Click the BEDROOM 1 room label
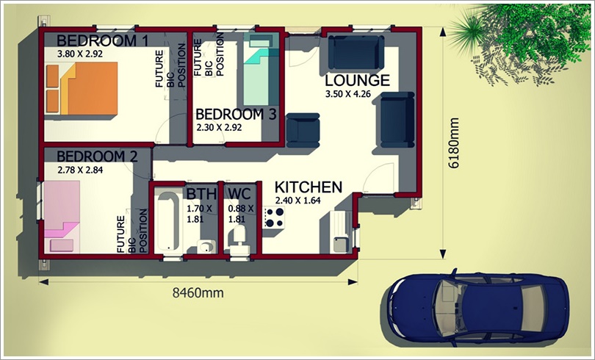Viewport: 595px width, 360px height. (102, 40)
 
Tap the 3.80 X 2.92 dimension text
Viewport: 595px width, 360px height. (79, 54)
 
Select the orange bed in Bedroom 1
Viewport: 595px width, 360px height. (82, 88)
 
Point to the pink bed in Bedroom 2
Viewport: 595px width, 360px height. (62, 217)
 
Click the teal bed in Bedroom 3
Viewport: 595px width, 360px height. (259, 69)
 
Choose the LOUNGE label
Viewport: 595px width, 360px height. (357, 80)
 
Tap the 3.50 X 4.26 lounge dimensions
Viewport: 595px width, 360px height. (347, 94)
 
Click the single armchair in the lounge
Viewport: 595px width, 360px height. (303, 130)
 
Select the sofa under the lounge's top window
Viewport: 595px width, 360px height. (356, 52)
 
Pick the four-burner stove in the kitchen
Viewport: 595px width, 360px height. (273, 217)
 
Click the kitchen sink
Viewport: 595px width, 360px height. (340, 245)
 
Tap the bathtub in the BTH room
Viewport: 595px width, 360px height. (167, 221)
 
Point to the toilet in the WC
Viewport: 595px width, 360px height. (239, 239)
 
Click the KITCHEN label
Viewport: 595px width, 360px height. (308, 187)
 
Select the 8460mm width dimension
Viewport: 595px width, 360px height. (198, 292)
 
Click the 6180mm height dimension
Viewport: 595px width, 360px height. (454, 143)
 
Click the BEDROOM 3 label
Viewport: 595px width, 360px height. (236, 114)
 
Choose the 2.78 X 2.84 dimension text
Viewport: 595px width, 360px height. (80, 170)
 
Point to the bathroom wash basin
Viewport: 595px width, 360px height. (206, 247)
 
